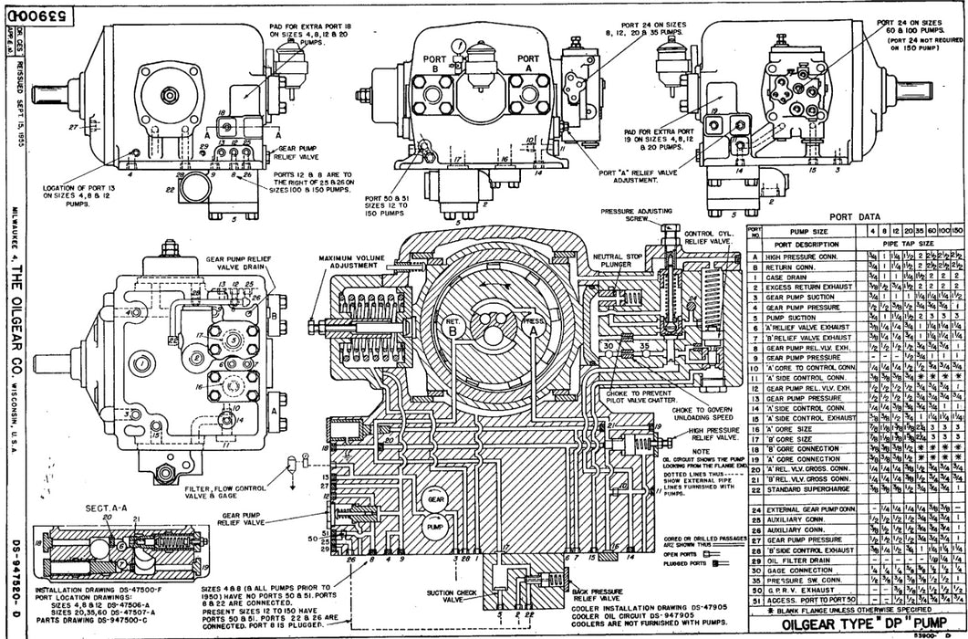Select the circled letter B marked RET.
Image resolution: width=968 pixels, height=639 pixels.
(x=452, y=357)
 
